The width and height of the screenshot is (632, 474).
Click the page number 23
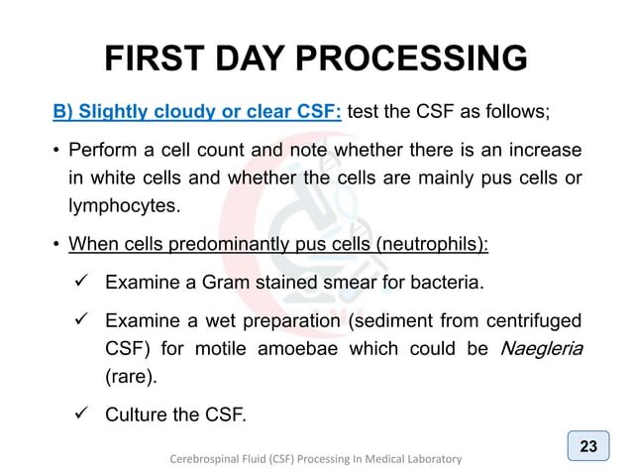[588, 446]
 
